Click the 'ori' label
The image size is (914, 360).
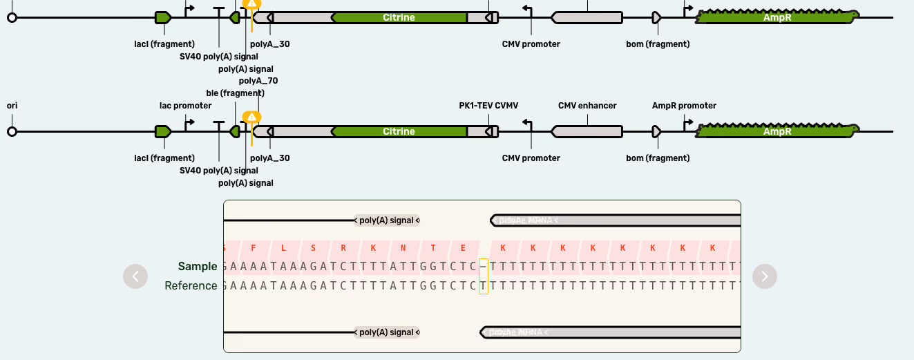tap(12, 106)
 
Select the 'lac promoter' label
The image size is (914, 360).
tap(185, 106)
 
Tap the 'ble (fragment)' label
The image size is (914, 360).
tap(235, 93)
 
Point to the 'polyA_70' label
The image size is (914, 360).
tap(258, 81)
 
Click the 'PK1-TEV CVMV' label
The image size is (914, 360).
tap(488, 106)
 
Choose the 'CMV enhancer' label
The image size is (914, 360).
tap(587, 106)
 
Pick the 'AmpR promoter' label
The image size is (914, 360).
tap(684, 106)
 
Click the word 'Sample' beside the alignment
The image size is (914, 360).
tap(198, 267)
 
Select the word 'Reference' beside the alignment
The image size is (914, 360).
tap(191, 286)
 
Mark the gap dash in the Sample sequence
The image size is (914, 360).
tap(484, 267)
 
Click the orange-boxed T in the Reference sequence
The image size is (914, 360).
tap(484, 286)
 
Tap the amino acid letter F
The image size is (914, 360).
tap(254, 248)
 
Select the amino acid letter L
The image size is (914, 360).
tap(283, 248)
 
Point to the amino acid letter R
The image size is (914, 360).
tap(343, 248)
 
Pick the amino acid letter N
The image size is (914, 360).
tap(403, 248)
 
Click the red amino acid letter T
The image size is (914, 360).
tap(433, 248)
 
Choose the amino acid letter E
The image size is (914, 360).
tap(463, 248)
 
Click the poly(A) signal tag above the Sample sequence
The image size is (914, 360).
tap(387, 220)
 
